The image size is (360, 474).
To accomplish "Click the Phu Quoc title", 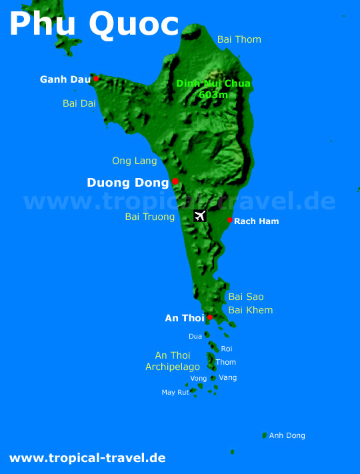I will click(x=94, y=24).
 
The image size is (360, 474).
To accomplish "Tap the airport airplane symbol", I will click(x=200, y=215).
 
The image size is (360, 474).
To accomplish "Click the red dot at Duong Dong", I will click(x=175, y=181).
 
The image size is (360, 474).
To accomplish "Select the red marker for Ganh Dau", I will click(x=96, y=79).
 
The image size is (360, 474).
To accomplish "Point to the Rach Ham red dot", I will click(x=230, y=220).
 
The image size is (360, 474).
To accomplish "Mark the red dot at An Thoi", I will click(x=210, y=317).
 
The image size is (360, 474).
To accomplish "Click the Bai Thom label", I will click(x=239, y=39).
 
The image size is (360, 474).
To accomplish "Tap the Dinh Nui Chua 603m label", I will click(x=213, y=89).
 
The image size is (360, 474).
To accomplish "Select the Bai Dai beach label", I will click(x=79, y=103).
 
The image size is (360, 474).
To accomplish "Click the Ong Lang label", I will click(x=135, y=161).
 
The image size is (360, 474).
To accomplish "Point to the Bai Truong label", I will click(x=150, y=217).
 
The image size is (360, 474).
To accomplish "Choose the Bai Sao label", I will click(x=246, y=297).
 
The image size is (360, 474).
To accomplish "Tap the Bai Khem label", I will click(x=251, y=310).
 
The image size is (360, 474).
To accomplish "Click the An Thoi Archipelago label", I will click(x=173, y=361).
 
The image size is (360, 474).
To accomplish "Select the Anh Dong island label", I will click(x=287, y=435).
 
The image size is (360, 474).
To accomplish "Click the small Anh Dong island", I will click(x=265, y=435).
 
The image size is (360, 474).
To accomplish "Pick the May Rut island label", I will click(x=175, y=393).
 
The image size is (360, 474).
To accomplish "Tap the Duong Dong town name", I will click(x=128, y=183).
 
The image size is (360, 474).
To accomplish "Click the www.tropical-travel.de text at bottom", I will click(x=87, y=458).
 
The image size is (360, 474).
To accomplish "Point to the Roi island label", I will click(x=227, y=349).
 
